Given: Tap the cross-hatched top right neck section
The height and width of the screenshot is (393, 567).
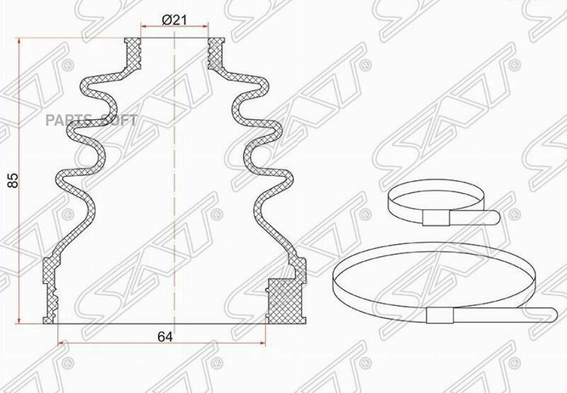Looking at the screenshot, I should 216,53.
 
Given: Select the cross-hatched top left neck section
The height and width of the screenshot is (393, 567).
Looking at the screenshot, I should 133,53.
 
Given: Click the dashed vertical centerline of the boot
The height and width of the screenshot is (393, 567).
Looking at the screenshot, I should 173,189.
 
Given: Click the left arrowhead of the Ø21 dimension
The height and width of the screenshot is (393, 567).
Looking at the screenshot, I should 143,27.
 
